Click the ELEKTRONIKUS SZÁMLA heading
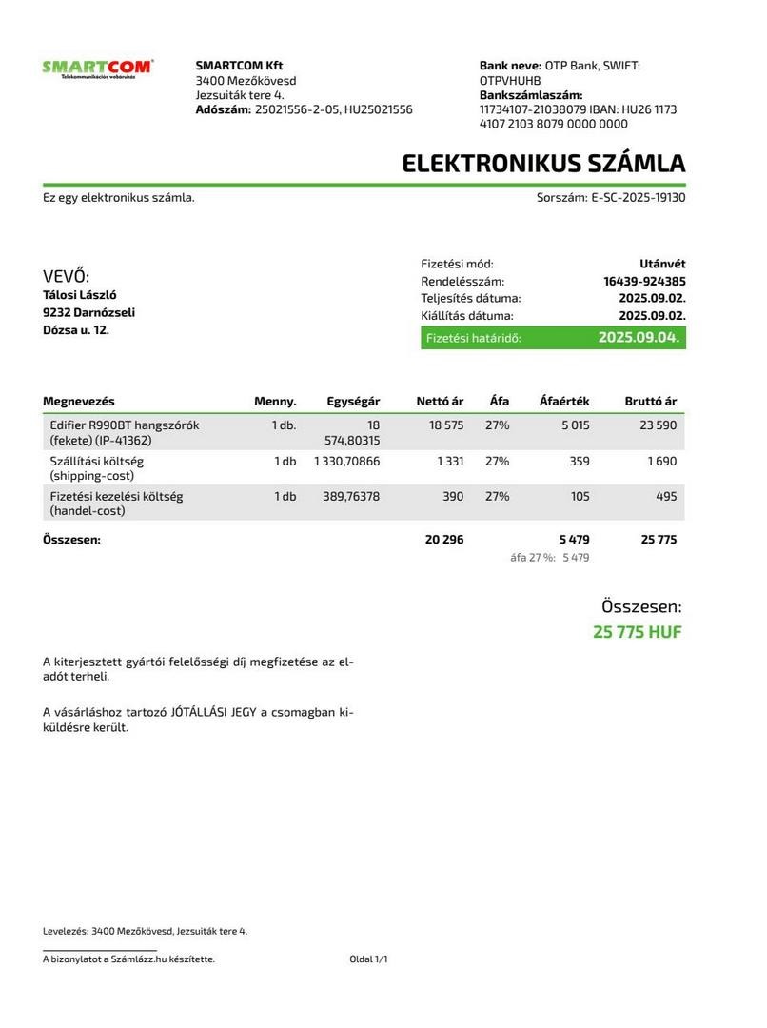[543, 163]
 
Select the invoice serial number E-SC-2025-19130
[639, 198]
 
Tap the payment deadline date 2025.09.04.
[639, 338]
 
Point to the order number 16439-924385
[644, 282]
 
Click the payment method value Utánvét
[662, 264]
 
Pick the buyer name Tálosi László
[80, 295]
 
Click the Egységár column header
[353, 402]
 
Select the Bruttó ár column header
[650, 402]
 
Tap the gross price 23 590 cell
[658, 425]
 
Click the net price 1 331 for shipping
[450, 462]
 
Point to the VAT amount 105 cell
[580, 497]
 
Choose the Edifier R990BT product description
[124, 433]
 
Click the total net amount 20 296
[444, 540]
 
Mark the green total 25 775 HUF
[637, 632]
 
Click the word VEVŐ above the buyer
[66, 277]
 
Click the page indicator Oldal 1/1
[368, 959]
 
